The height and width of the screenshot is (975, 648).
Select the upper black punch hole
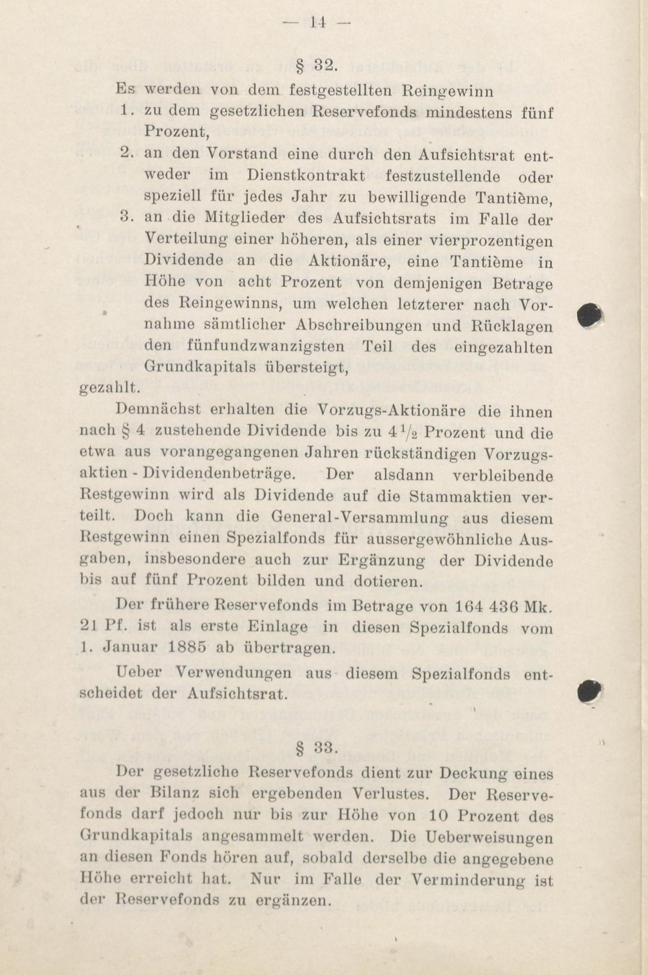(590, 316)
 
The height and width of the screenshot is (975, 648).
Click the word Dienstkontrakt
(306, 176)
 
